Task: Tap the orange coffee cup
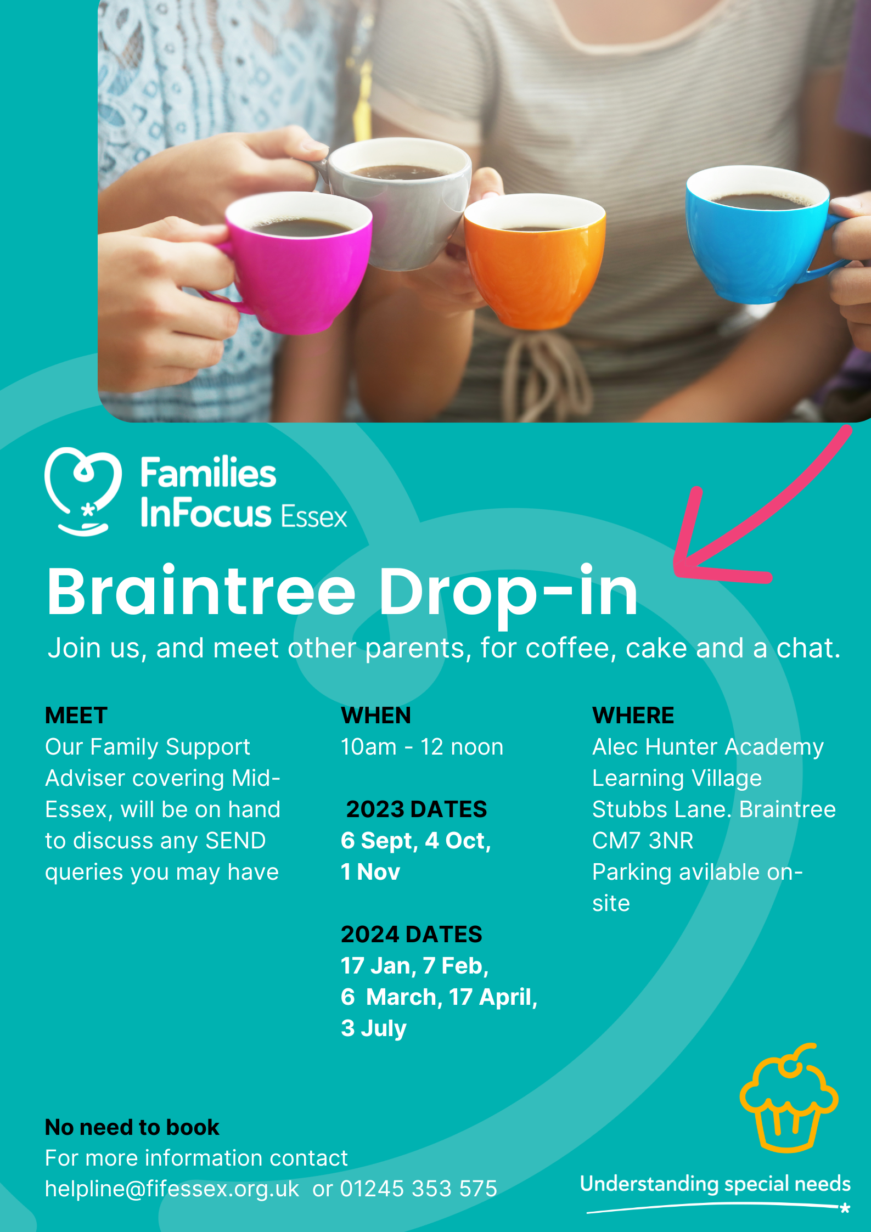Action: coord(534,263)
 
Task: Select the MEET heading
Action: coord(76,716)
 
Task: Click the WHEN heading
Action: coord(376,716)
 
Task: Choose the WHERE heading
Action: coord(633,716)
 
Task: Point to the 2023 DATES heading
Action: coord(416,809)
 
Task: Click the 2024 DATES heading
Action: coord(412,935)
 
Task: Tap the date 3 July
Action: coord(374,1028)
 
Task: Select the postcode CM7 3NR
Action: coord(643,841)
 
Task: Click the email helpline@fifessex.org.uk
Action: coord(172,1189)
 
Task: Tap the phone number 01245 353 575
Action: coord(419,1189)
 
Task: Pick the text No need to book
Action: coord(132,1127)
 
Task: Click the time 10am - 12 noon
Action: coord(422,747)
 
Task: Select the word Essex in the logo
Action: coord(314,517)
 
